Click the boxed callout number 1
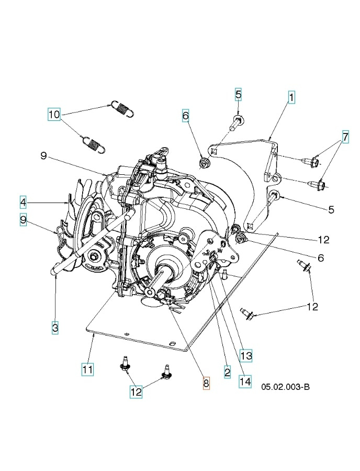click(290, 97)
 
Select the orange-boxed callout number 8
click(206, 384)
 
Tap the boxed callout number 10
click(54, 114)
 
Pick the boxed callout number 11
click(87, 369)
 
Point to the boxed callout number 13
click(246, 356)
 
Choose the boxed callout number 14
click(245, 382)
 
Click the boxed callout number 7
click(345, 137)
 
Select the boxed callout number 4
click(23, 201)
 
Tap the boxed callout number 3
click(55, 328)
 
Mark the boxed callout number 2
click(227, 372)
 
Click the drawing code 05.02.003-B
click(285, 386)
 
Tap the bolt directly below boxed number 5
click(235, 124)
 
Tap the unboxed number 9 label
click(44, 155)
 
